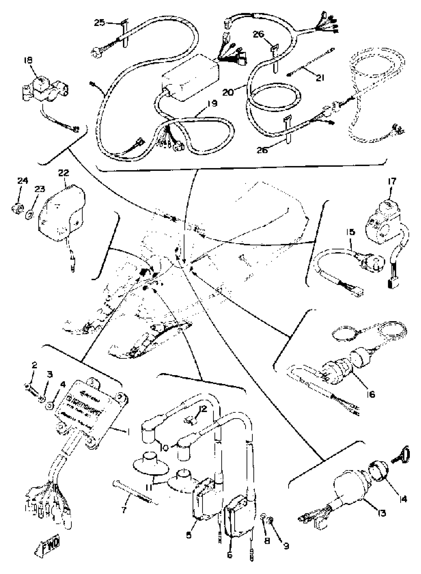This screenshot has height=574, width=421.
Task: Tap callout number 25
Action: (x=100, y=23)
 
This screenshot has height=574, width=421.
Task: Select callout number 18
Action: (x=28, y=60)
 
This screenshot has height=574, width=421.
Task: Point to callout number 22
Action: (x=64, y=173)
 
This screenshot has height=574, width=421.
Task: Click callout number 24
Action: (x=23, y=181)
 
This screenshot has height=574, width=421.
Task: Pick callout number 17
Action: (x=392, y=182)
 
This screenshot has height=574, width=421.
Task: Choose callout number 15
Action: (x=350, y=232)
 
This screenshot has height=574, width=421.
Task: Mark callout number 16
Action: (x=371, y=394)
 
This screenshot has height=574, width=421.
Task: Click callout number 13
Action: (x=381, y=513)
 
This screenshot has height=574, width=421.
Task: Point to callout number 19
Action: (x=212, y=104)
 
